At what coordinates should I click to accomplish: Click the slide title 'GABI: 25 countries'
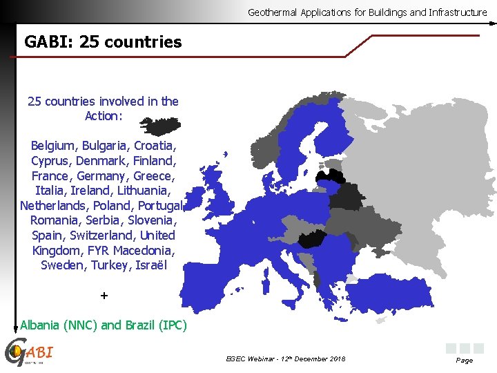point(103,42)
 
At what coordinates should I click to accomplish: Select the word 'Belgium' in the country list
point(55,146)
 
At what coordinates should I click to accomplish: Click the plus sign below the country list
point(104,296)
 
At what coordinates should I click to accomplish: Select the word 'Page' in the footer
point(464,361)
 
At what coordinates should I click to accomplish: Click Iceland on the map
point(160,126)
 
